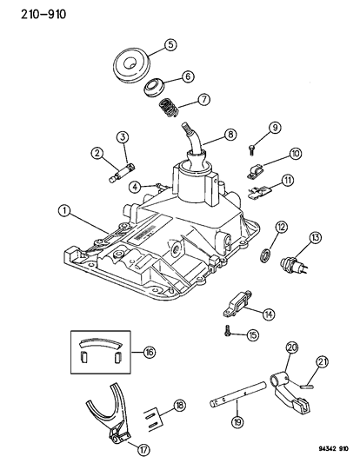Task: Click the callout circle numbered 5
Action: pos(170,44)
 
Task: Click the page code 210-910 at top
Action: pos(26,14)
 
